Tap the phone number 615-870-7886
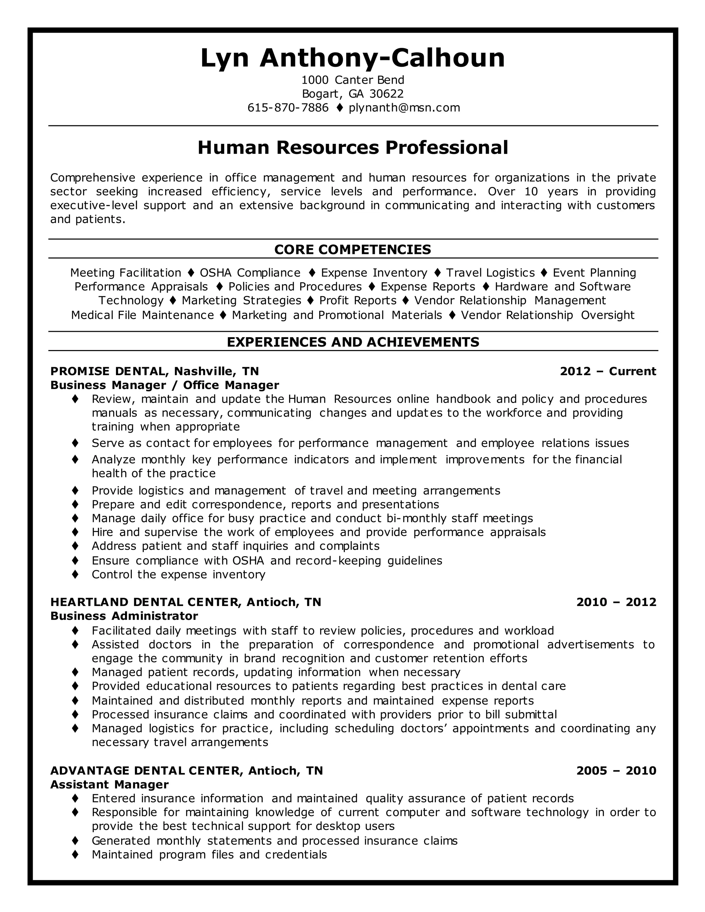click(288, 108)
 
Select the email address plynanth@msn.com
click(404, 108)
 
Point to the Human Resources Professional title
click(352, 147)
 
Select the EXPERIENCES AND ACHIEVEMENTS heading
click(352, 342)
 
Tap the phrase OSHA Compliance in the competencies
click(250, 273)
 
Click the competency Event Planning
click(594, 273)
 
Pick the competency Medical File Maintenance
click(143, 315)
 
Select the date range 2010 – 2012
click(616, 602)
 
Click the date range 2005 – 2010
click(616, 771)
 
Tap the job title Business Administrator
click(124, 616)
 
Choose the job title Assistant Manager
click(109, 784)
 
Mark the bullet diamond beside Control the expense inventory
click(75, 574)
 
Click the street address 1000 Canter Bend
click(352, 80)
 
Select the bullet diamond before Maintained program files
click(75, 855)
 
